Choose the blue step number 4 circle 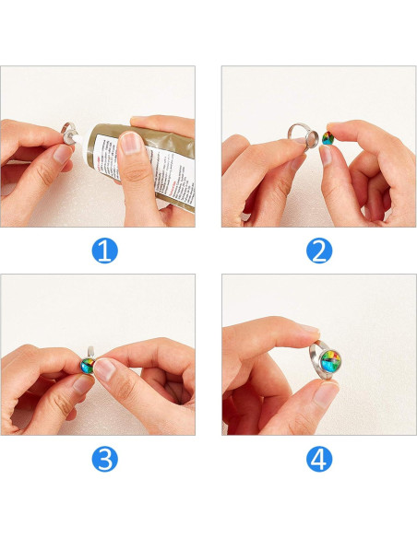click(318, 459)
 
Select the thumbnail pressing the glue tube click(134, 143)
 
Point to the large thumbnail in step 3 click(105, 371)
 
